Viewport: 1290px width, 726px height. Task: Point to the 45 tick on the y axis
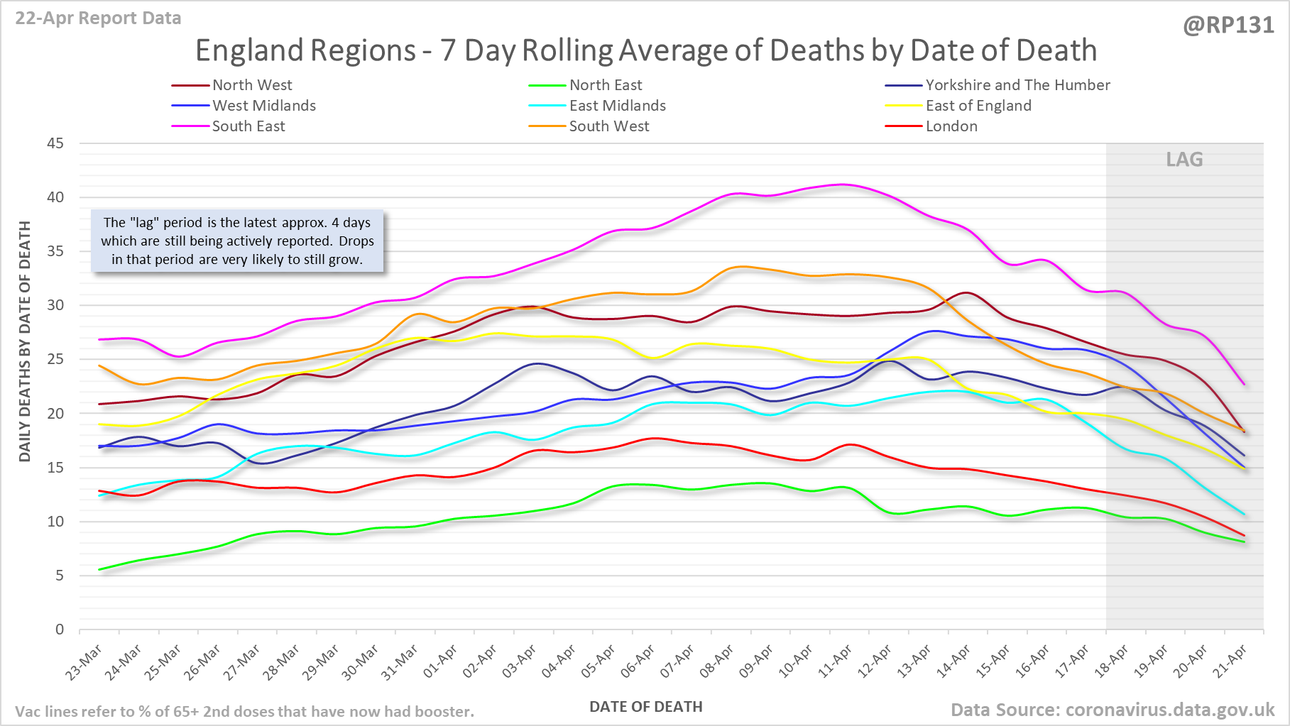(55, 143)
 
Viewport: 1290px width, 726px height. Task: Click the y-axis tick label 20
(55, 414)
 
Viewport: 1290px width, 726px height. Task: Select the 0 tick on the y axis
(60, 629)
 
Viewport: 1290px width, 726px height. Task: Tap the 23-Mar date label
(85, 662)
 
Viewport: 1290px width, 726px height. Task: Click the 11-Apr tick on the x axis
(836, 662)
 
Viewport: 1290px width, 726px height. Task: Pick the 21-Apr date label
(1231, 662)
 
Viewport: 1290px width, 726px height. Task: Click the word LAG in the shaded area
(1184, 160)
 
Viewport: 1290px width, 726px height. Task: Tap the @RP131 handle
(1228, 26)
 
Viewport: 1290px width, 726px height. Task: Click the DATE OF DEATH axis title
(645, 707)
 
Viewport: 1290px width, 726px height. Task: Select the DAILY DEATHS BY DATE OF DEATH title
(25, 341)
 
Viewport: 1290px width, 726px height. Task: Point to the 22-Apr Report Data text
(98, 18)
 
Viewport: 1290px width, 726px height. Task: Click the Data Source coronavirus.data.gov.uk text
(1112, 710)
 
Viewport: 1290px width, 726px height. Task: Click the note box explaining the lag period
(237, 241)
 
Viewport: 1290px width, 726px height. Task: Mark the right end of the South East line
(1244, 385)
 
